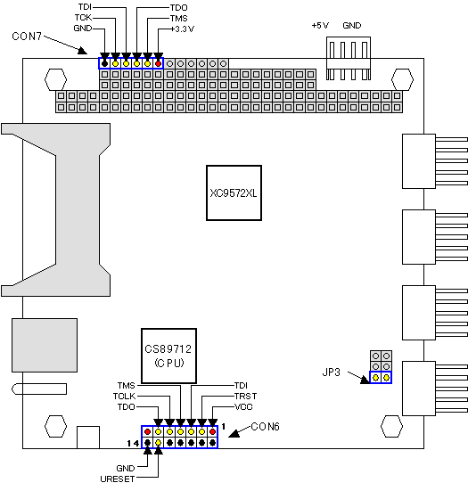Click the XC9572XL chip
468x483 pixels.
click(x=234, y=192)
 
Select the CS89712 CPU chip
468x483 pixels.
click(x=168, y=356)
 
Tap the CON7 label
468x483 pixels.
click(x=27, y=37)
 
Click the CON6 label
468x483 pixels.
click(x=266, y=427)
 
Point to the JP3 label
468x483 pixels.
click(x=332, y=372)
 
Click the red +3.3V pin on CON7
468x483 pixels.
click(x=158, y=64)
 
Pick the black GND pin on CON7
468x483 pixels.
click(x=105, y=64)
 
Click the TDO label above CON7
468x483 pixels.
click(x=178, y=7)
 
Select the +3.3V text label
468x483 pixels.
click(x=183, y=29)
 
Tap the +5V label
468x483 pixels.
click(x=320, y=25)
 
